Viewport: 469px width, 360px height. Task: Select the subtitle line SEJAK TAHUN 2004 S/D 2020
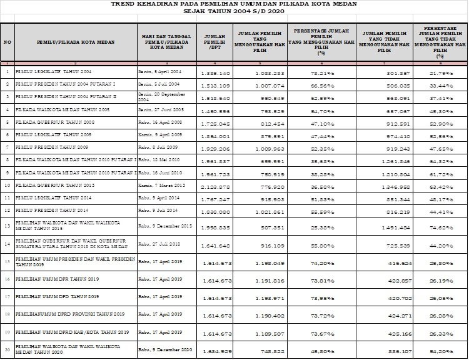click(234, 11)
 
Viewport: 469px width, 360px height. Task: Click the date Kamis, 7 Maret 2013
click(161, 185)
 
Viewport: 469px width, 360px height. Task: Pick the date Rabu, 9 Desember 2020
click(164, 351)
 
